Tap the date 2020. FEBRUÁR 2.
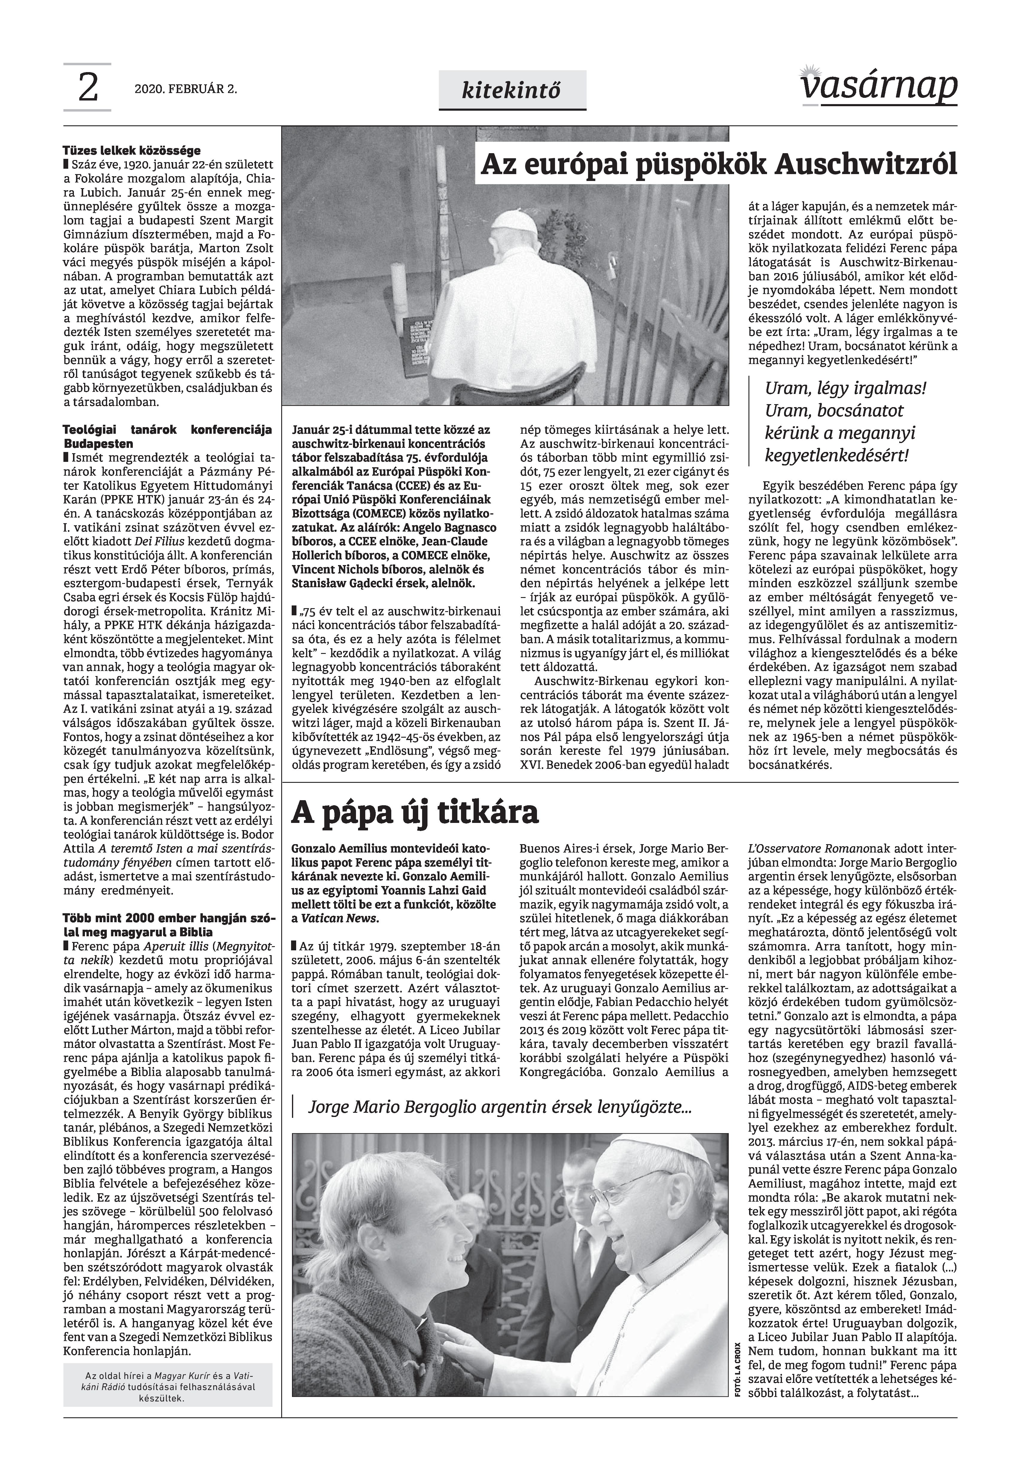click(185, 89)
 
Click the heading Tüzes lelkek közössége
click(131, 151)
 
